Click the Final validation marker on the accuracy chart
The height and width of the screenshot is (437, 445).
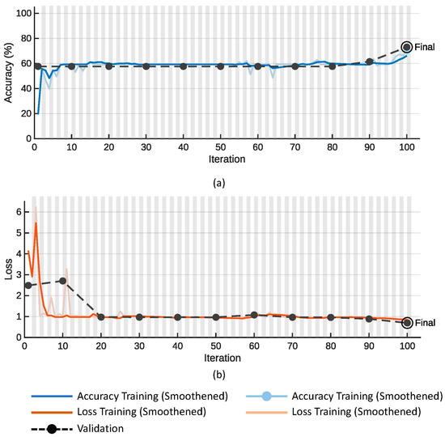click(406, 48)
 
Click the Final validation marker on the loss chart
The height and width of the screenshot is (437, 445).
click(407, 323)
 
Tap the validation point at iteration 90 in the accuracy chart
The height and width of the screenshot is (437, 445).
click(369, 62)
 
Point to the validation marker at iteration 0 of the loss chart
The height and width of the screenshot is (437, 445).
click(29, 285)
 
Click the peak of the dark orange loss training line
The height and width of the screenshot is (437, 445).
click(36, 223)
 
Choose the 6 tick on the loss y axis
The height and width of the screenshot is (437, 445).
click(22, 211)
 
